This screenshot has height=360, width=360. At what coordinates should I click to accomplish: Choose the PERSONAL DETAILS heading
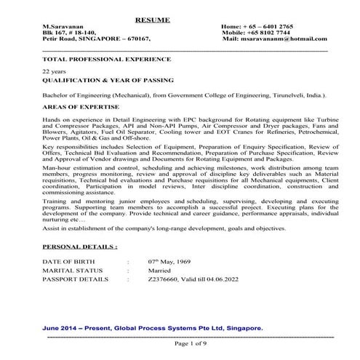tap(80, 247)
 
